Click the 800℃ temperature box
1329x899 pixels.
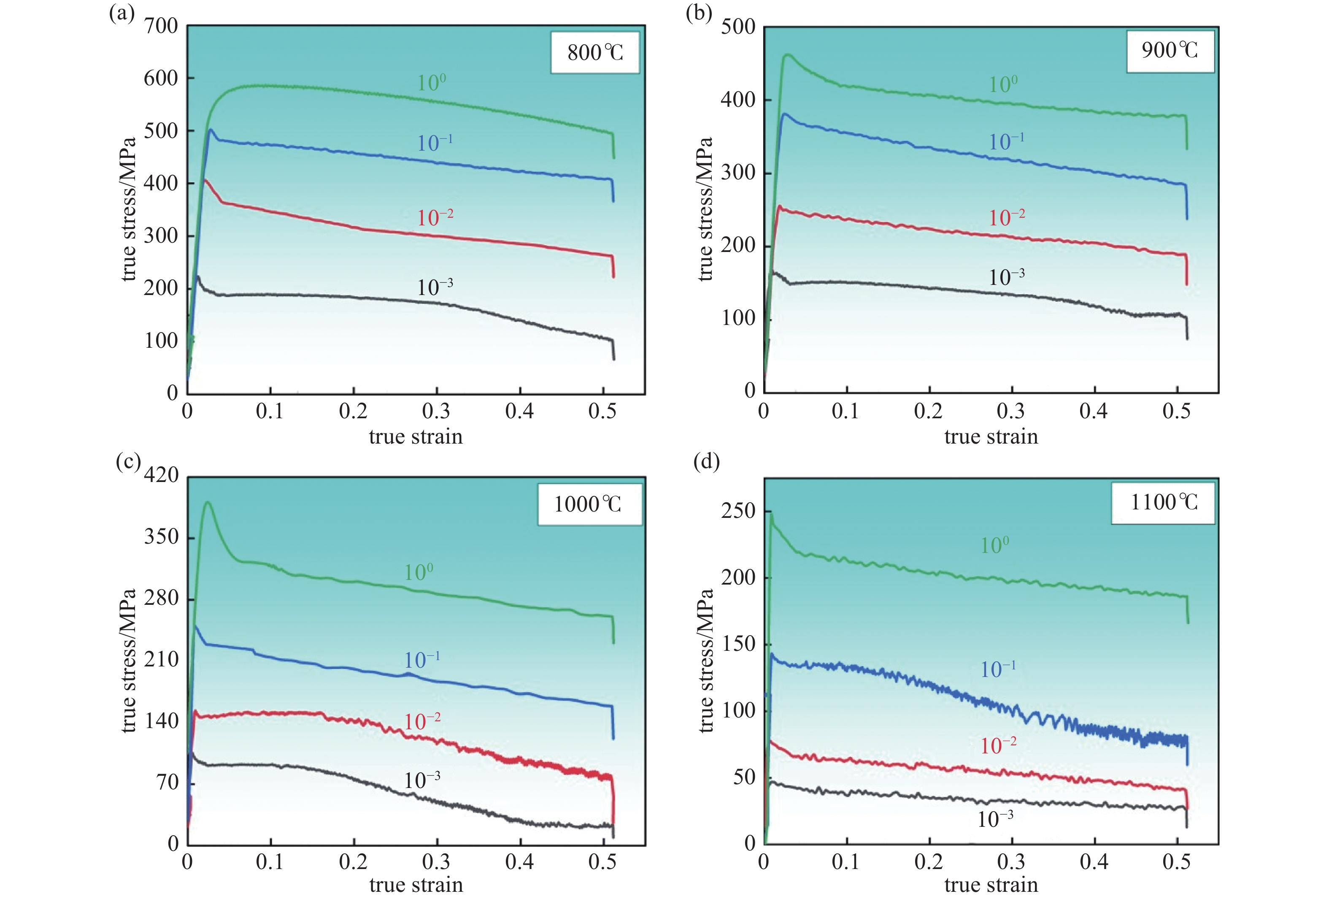595,53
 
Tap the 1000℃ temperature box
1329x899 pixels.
589,504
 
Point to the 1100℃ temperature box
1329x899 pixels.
1163,502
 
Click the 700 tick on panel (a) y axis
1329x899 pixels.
161,26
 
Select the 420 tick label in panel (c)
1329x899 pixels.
161,475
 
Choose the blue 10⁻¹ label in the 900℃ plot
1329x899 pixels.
1007,141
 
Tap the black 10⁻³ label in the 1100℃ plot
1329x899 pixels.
995,819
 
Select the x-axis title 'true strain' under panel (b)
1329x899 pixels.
991,436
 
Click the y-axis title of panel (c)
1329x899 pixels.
129,661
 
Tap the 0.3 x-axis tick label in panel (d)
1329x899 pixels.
1010,862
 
